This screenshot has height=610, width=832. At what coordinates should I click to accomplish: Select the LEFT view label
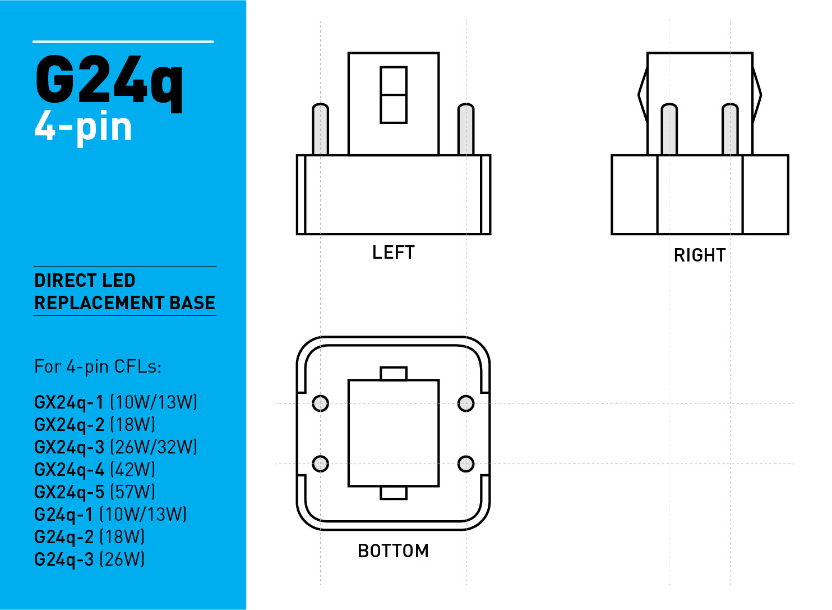[394, 253]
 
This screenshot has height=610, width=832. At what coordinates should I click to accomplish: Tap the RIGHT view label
[700, 255]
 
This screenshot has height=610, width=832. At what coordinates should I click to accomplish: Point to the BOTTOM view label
[394, 551]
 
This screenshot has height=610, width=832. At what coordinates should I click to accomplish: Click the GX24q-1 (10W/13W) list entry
[115, 402]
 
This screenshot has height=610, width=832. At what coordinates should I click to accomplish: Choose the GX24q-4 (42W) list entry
[94, 470]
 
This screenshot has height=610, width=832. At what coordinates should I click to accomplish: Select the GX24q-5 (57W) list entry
[94, 492]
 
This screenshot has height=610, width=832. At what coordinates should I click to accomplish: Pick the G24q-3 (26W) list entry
[89, 559]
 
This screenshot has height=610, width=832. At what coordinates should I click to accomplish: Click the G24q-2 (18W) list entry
[89, 537]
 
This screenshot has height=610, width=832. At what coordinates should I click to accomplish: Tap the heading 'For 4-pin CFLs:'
[98, 367]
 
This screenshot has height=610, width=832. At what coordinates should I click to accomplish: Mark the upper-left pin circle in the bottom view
[321, 403]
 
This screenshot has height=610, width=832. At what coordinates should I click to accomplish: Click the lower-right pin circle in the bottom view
[466, 464]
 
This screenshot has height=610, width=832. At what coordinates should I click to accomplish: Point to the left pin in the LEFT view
[321, 129]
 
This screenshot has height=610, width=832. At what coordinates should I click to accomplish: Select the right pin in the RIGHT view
[730, 129]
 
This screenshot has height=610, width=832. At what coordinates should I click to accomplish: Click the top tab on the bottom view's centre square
[394, 374]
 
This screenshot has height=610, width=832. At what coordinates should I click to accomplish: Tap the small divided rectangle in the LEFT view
[394, 95]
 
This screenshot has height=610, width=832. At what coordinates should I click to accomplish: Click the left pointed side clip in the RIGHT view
[643, 95]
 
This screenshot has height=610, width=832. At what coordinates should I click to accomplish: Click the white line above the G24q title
[123, 42]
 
